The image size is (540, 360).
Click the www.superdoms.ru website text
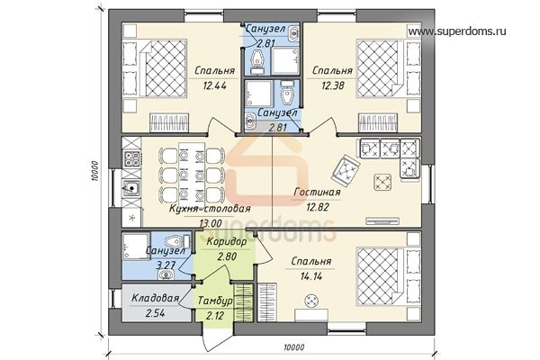[457, 31]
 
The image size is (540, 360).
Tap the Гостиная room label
[317, 193]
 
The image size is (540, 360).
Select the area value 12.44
[214, 85]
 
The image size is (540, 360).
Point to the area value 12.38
[333, 85]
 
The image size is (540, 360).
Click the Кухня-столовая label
[210, 209]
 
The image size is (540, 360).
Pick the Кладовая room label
[156, 298]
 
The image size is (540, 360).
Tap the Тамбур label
[215, 301]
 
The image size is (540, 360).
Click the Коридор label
[227, 242]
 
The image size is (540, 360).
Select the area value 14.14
[311, 276]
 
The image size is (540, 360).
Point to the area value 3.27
[166, 265]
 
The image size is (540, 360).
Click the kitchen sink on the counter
[131, 188]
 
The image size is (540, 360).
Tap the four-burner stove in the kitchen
[131, 159]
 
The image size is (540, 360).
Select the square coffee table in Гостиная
[383, 182]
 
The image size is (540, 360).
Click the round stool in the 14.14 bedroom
[311, 301]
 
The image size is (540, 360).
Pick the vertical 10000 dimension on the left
[95, 171]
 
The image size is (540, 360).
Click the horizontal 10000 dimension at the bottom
[293, 347]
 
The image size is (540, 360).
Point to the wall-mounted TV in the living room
[382, 220]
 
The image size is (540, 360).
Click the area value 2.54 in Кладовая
[156, 313]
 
